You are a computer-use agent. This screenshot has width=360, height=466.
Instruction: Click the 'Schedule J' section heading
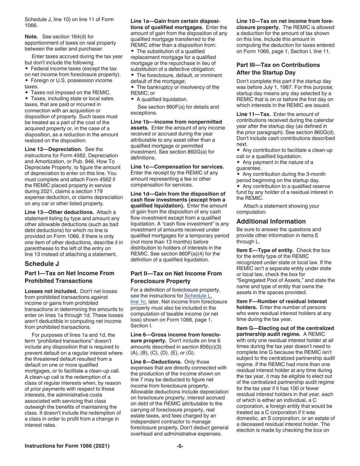click(x=42, y=264)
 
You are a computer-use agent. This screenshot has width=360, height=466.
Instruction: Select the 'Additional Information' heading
click(x=271, y=221)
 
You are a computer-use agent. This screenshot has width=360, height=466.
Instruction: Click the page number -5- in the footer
click(x=180, y=446)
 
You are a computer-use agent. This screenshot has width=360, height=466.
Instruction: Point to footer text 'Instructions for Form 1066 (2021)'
click(x=67, y=446)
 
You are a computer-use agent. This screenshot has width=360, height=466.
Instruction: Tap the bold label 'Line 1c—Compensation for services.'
click(x=177, y=167)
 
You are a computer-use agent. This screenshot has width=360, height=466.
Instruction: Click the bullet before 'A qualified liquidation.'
click(x=133, y=99)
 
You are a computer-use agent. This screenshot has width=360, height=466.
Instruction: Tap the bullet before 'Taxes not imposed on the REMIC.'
click(x=27, y=92)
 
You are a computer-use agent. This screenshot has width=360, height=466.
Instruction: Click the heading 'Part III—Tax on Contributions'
click(x=278, y=65)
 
